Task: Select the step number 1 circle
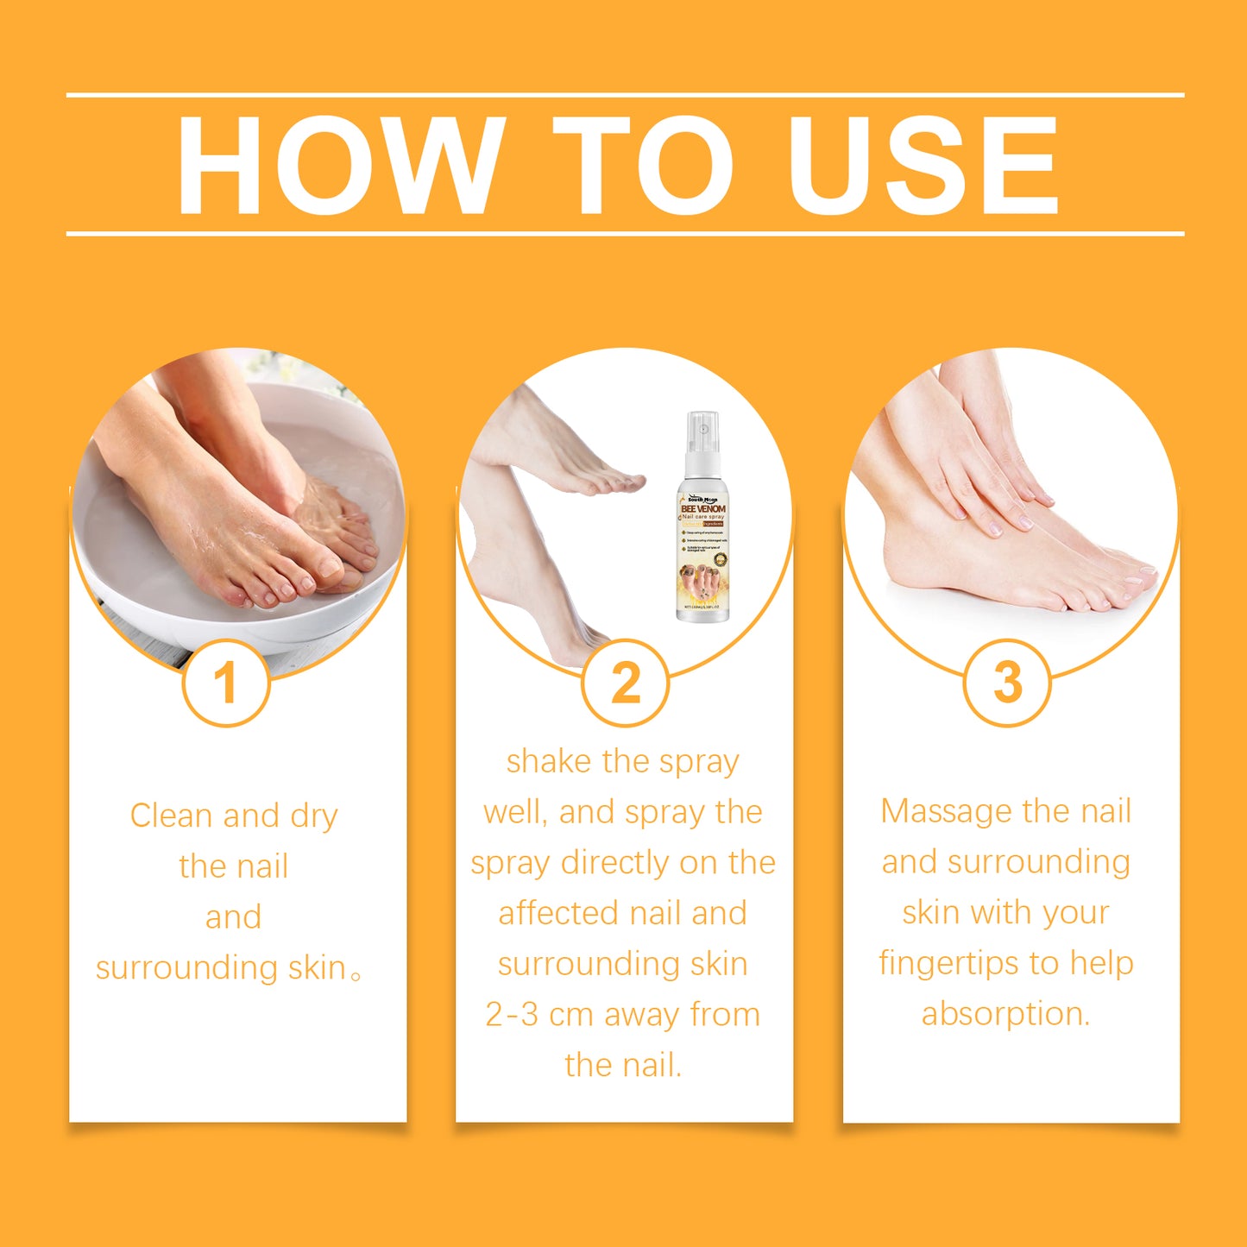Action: (226, 683)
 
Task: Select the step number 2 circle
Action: (625, 683)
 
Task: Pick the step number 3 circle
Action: (1007, 683)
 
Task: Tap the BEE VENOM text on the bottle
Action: (702, 508)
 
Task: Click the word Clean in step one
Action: (169, 816)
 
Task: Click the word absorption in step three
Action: (1005, 1014)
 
